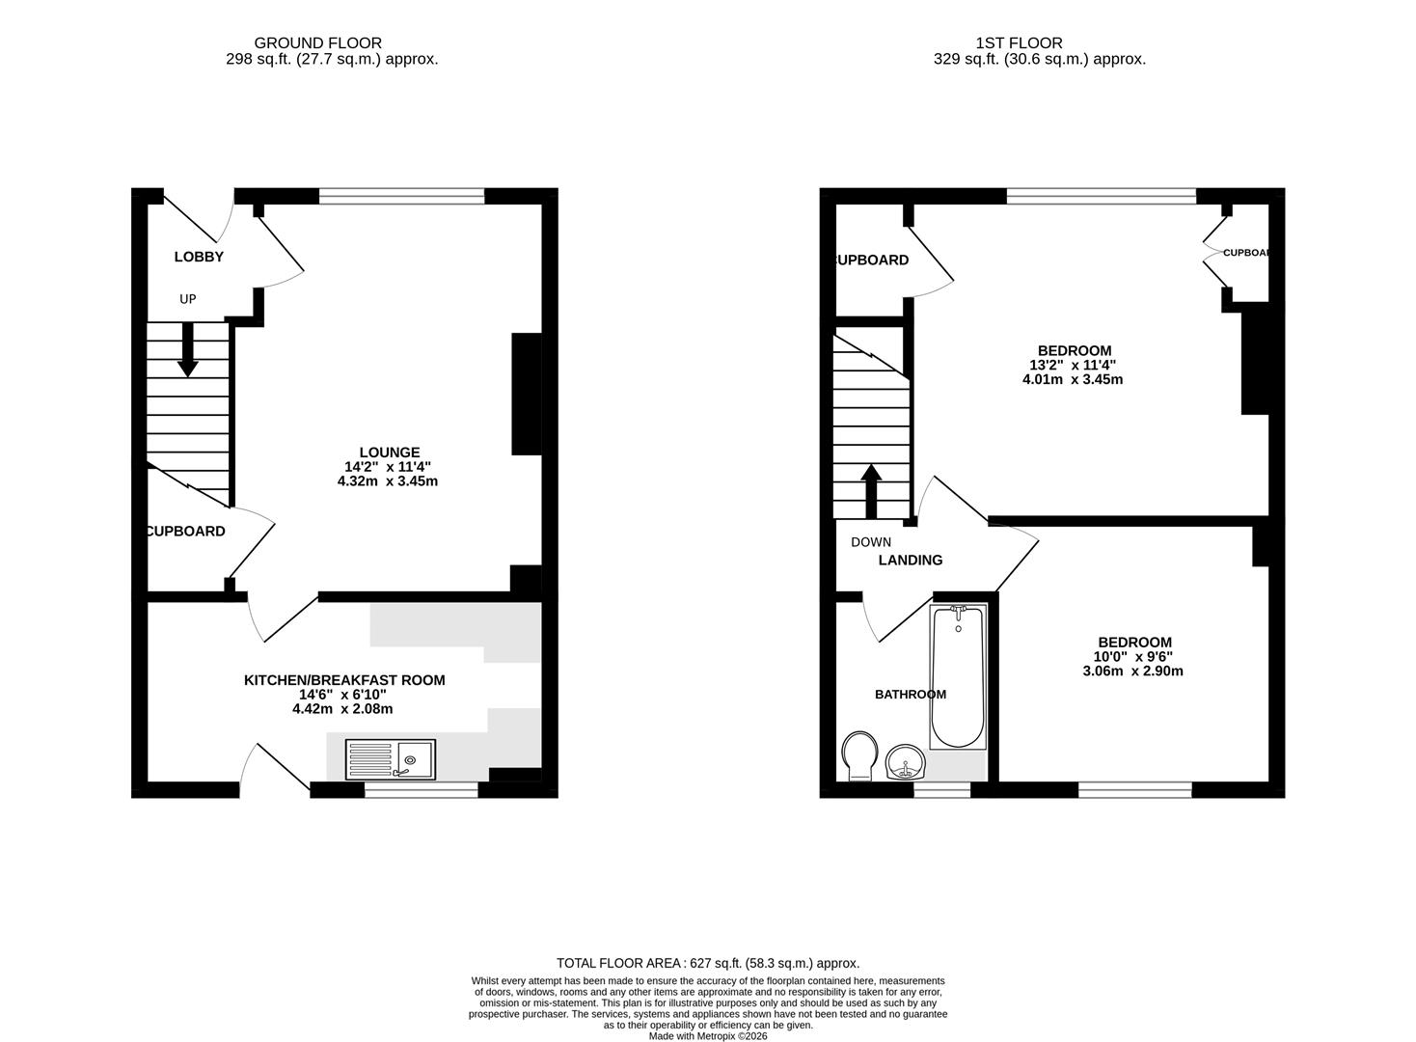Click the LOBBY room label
(199, 257)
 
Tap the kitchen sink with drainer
(390, 759)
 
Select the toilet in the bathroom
(858, 755)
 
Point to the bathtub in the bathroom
(957, 677)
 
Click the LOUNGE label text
(389, 452)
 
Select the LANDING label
(910, 560)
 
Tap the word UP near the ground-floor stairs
(187, 299)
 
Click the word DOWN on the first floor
(871, 542)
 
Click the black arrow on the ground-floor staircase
(188, 349)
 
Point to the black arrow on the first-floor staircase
(871, 490)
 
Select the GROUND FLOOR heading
(317, 42)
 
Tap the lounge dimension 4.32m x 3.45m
(388, 480)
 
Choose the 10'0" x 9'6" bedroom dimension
(1134, 657)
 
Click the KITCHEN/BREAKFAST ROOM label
(344, 680)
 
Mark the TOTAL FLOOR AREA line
(707, 963)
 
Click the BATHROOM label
(910, 694)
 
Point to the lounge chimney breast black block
(526, 394)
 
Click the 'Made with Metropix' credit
(707, 1036)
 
